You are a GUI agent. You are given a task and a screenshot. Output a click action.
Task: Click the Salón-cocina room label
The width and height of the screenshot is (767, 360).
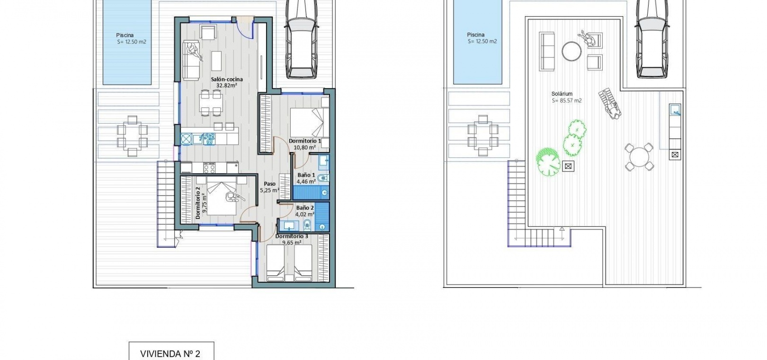pyautogui.click(x=227, y=80)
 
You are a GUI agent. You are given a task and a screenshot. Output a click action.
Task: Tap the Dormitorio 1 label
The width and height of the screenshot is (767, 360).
pyautogui.click(x=305, y=141)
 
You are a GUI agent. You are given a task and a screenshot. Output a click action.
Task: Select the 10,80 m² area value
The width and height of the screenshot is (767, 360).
pyautogui.click(x=305, y=147)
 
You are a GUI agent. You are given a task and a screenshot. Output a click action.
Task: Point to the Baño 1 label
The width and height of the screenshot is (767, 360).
pyautogui.click(x=306, y=175)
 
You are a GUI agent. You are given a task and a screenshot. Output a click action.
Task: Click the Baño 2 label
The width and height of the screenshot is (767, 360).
pyautogui.click(x=305, y=207)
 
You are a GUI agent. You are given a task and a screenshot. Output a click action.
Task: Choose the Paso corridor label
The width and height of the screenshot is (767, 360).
pyautogui.click(x=269, y=184)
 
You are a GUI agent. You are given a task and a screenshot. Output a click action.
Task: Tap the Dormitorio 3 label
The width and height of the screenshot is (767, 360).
pyautogui.click(x=292, y=236)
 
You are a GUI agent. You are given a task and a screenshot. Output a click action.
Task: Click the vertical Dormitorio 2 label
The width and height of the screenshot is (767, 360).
pyautogui.click(x=198, y=203)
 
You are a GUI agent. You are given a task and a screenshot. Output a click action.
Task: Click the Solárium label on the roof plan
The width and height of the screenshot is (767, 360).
pyautogui.click(x=562, y=94)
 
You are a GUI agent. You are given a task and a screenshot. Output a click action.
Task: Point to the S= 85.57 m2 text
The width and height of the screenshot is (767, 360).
pyautogui.click(x=567, y=101)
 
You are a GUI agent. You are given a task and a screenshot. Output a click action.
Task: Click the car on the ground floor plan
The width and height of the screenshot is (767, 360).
pyautogui.click(x=301, y=38)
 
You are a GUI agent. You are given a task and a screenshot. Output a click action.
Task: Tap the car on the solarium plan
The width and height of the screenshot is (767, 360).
pyautogui.click(x=652, y=38)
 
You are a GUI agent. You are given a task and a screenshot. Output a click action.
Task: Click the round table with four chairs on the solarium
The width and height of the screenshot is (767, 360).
pyautogui.click(x=639, y=157)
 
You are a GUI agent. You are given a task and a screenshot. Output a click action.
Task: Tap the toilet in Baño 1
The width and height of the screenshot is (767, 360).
pyautogui.click(x=322, y=178)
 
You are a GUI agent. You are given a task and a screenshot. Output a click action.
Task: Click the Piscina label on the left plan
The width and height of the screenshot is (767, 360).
pyautogui.click(x=125, y=35)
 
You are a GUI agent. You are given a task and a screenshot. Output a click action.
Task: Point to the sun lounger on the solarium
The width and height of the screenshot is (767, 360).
pyautogui.click(x=610, y=104)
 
